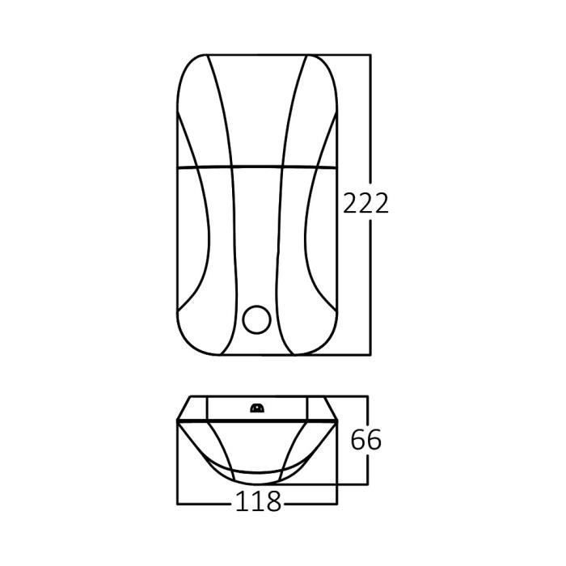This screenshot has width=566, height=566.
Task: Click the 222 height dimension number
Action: point(365,202)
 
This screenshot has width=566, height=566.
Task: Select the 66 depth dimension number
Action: point(365,441)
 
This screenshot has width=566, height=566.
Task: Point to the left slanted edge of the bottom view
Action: point(182,408)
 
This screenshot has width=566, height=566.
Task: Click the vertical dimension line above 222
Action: point(370,121)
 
